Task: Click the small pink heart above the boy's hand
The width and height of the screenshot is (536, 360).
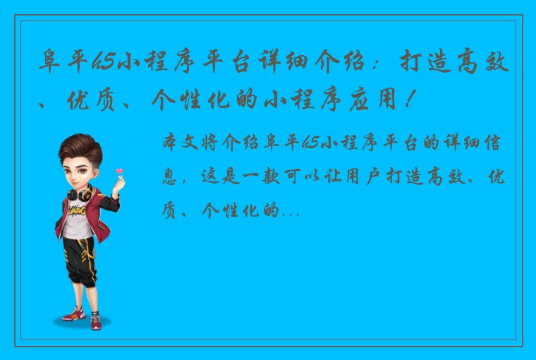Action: (119, 169)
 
